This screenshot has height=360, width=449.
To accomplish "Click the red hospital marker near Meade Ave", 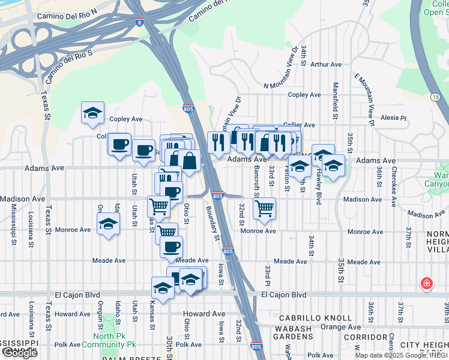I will (x=426, y=283).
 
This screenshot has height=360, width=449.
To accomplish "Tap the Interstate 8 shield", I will (x=140, y=23).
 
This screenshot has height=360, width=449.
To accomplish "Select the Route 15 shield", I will (x=435, y=96).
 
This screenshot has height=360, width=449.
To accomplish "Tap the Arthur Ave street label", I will (x=326, y=64).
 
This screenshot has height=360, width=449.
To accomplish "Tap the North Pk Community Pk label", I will (x=115, y=340).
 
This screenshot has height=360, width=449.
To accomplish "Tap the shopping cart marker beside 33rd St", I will (x=264, y=209).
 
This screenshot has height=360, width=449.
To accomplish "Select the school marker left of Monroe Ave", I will (x=108, y=224).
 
